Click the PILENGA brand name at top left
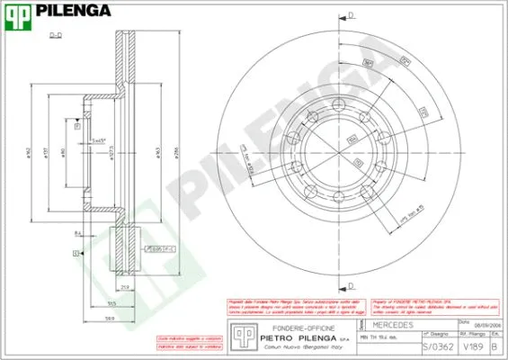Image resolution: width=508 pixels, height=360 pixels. pyautogui.click(x=72, y=12)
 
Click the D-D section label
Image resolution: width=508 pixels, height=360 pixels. pyautogui.click(x=54, y=36)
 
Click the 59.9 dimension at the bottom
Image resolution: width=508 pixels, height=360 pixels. pyautogui.click(x=110, y=318)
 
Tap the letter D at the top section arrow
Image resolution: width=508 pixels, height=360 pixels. pyautogui.click(x=352, y=13)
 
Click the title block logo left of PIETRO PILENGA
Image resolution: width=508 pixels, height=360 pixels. pyautogui.click(x=240, y=336)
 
